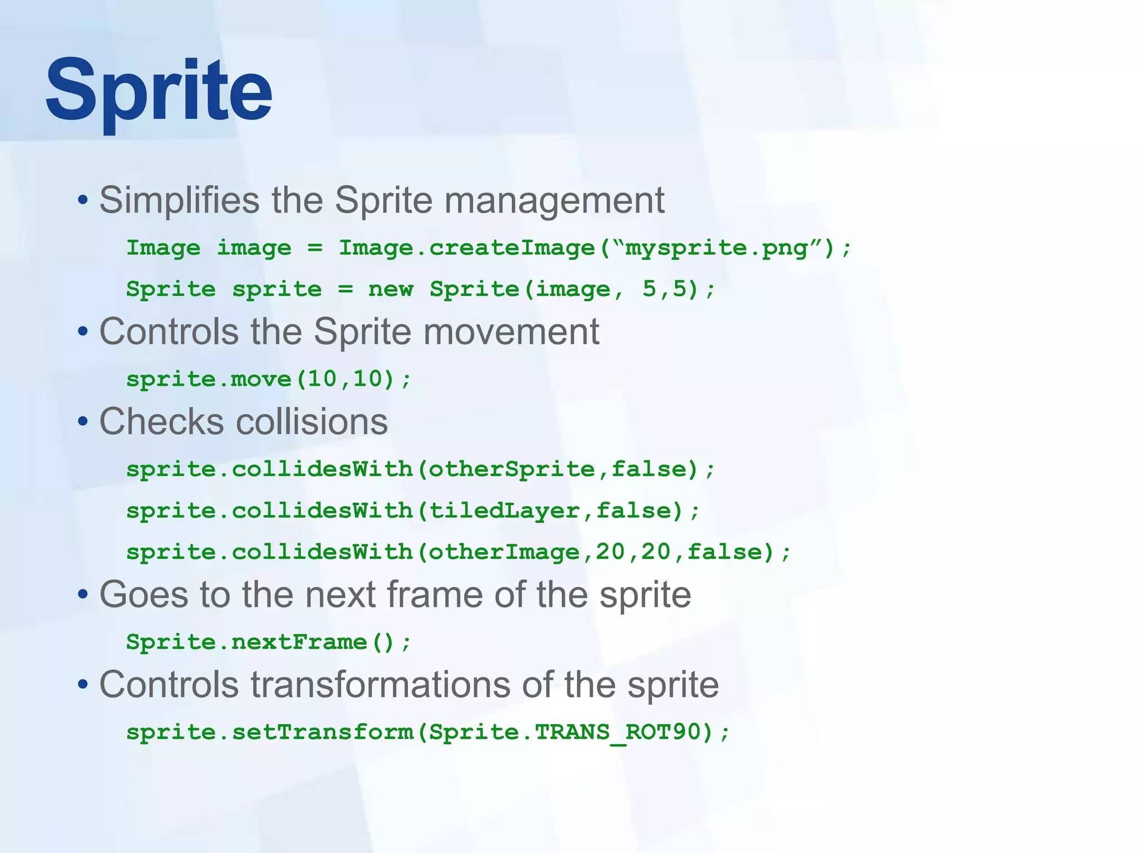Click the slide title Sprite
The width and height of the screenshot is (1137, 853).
click(159, 92)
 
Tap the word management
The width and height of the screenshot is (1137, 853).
click(554, 200)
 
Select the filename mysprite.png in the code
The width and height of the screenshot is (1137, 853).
click(716, 248)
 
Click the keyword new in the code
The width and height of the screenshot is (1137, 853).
click(390, 289)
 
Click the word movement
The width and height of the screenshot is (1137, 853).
click(511, 332)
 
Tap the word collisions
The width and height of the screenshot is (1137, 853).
click(312, 422)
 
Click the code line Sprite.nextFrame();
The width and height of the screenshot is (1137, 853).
click(269, 643)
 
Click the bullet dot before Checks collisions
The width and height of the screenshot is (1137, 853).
click(83, 422)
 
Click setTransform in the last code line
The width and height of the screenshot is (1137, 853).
click(323, 732)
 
